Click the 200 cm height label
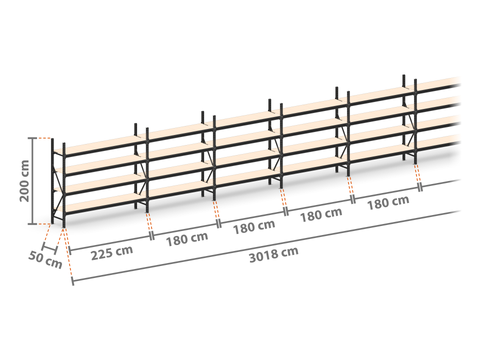pos(25,181)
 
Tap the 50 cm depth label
pos(45,260)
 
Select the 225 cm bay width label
pos(112,252)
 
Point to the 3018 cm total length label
pos(274,255)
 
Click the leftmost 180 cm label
pos(187,239)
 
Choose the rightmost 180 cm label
pos(388,202)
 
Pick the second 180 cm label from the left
pos(254,227)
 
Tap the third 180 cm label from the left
pos(321,215)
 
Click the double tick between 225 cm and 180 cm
pos(152,235)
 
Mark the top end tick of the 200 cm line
pos(32,138)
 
